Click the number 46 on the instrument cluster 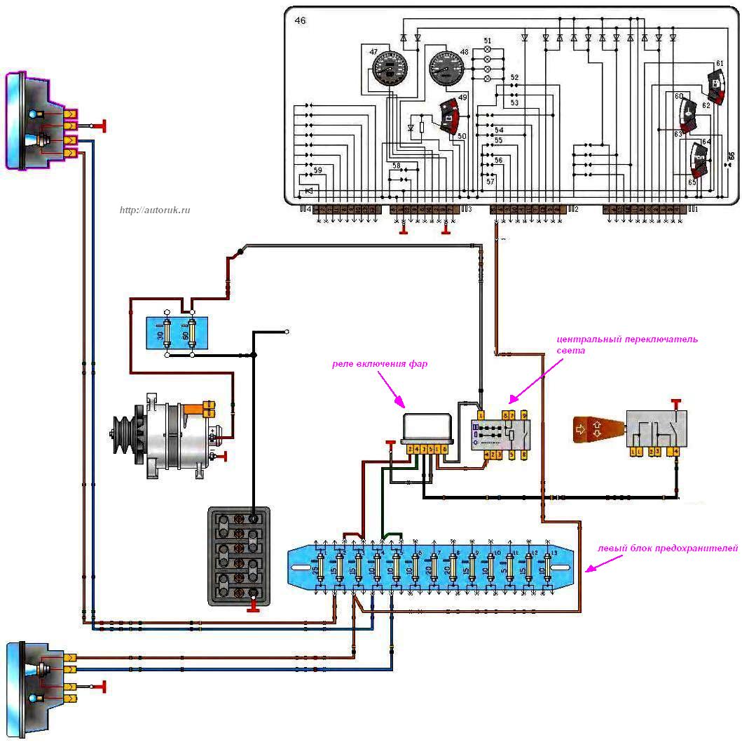(300, 21)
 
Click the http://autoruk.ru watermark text (155, 210)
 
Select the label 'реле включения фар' (380, 364)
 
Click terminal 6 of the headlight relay (444, 450)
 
